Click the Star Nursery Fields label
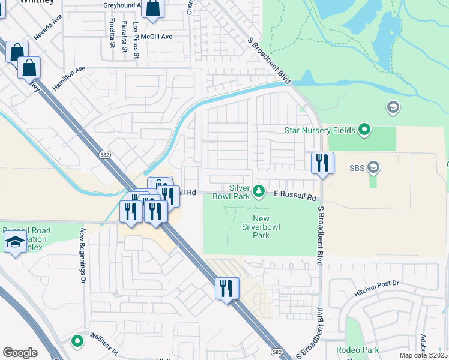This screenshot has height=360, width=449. tap(321, 130)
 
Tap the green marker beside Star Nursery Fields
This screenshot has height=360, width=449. tap(364, 130)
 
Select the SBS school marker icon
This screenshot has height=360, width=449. tap(373, 166)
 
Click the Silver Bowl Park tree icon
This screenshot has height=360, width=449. tap(259, 191)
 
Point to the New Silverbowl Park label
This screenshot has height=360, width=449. tap(261, 227)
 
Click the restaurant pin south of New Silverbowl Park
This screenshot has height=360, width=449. tap(227, 289)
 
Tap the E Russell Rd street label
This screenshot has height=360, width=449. tap(295, 196)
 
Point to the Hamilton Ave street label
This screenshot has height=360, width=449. tap(69, 78)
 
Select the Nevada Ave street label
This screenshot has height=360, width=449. tap(48, 28)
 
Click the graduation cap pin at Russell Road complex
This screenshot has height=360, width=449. tap(14, 243)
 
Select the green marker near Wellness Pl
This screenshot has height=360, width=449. tap(77, 341)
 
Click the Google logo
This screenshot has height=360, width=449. tap(20, 353)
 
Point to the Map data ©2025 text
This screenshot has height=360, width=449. tap(423, 355)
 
